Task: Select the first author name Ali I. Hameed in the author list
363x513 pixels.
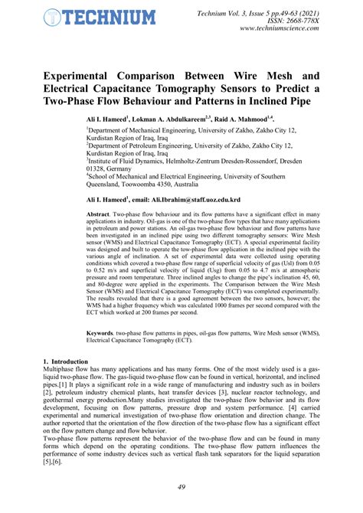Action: point(105,119)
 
